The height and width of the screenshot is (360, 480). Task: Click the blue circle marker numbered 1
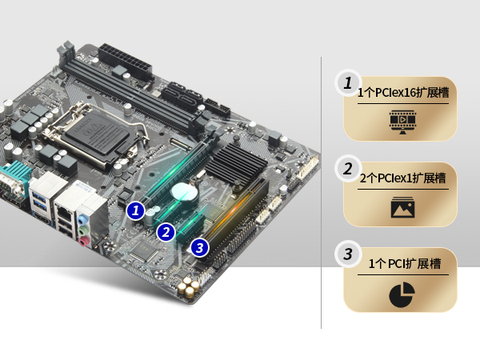(x=136, y=210)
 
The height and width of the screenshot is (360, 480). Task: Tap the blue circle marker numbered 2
(x=166, y=232)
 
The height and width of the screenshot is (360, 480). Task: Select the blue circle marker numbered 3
(x=199, y=247)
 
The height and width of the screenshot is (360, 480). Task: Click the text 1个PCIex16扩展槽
(x=403, y=93)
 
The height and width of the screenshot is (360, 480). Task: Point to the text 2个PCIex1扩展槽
(x=402, y=178)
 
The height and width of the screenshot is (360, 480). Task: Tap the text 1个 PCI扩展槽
(x=404, y=263)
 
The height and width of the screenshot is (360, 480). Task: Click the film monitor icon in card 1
(x=403, y=122)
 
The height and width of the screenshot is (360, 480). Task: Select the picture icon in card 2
(x=403, y=207)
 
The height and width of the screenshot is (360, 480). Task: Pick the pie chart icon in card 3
(x=402, y=294)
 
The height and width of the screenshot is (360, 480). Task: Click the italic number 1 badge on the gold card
(x=348, y=83)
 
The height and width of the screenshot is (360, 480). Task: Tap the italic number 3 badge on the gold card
(x=348, y=254)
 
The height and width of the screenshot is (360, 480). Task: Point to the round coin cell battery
(x=184, y=192)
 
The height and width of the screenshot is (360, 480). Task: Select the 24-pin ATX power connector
(x=125, y=62)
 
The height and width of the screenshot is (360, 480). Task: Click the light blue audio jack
(x=82, y=219)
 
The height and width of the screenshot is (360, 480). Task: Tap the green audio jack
(x=83, y=230)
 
